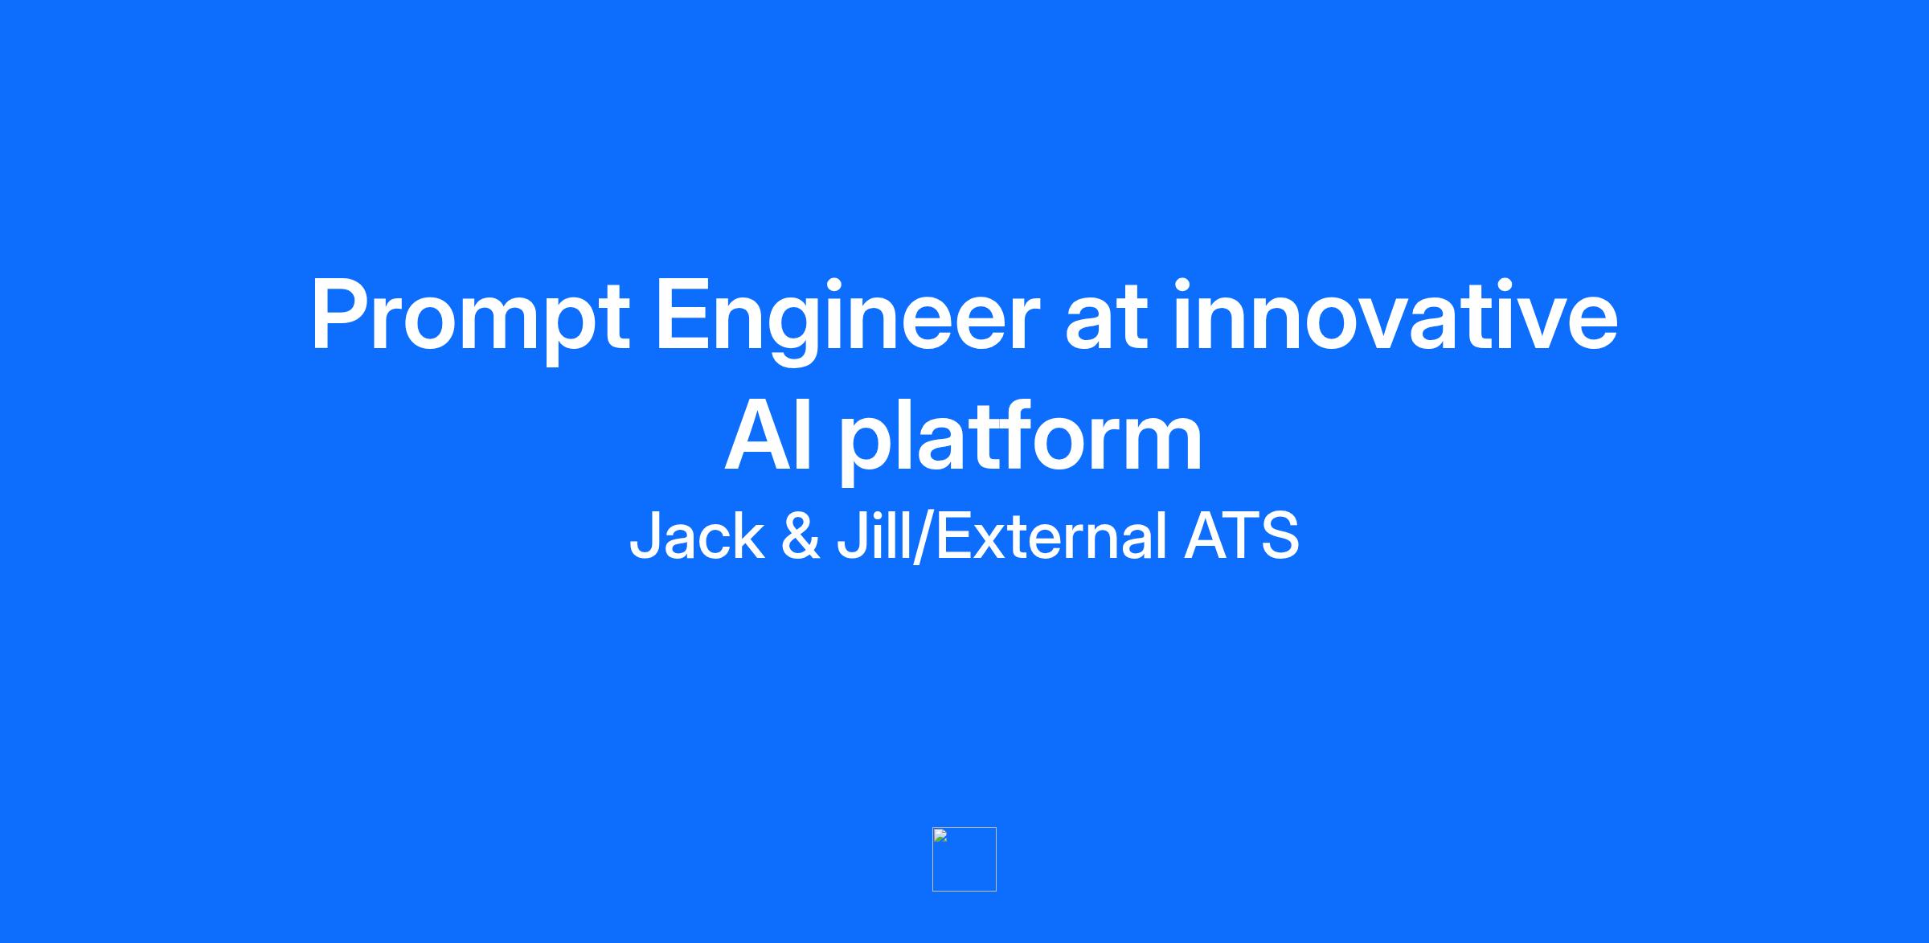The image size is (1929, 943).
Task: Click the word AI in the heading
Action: tap(768, 437)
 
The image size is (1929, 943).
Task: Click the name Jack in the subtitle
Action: tap(697, 536)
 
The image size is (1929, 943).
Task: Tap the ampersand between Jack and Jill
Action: tap(801, 536)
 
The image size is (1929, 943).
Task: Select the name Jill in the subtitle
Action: tap(874, 536)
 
